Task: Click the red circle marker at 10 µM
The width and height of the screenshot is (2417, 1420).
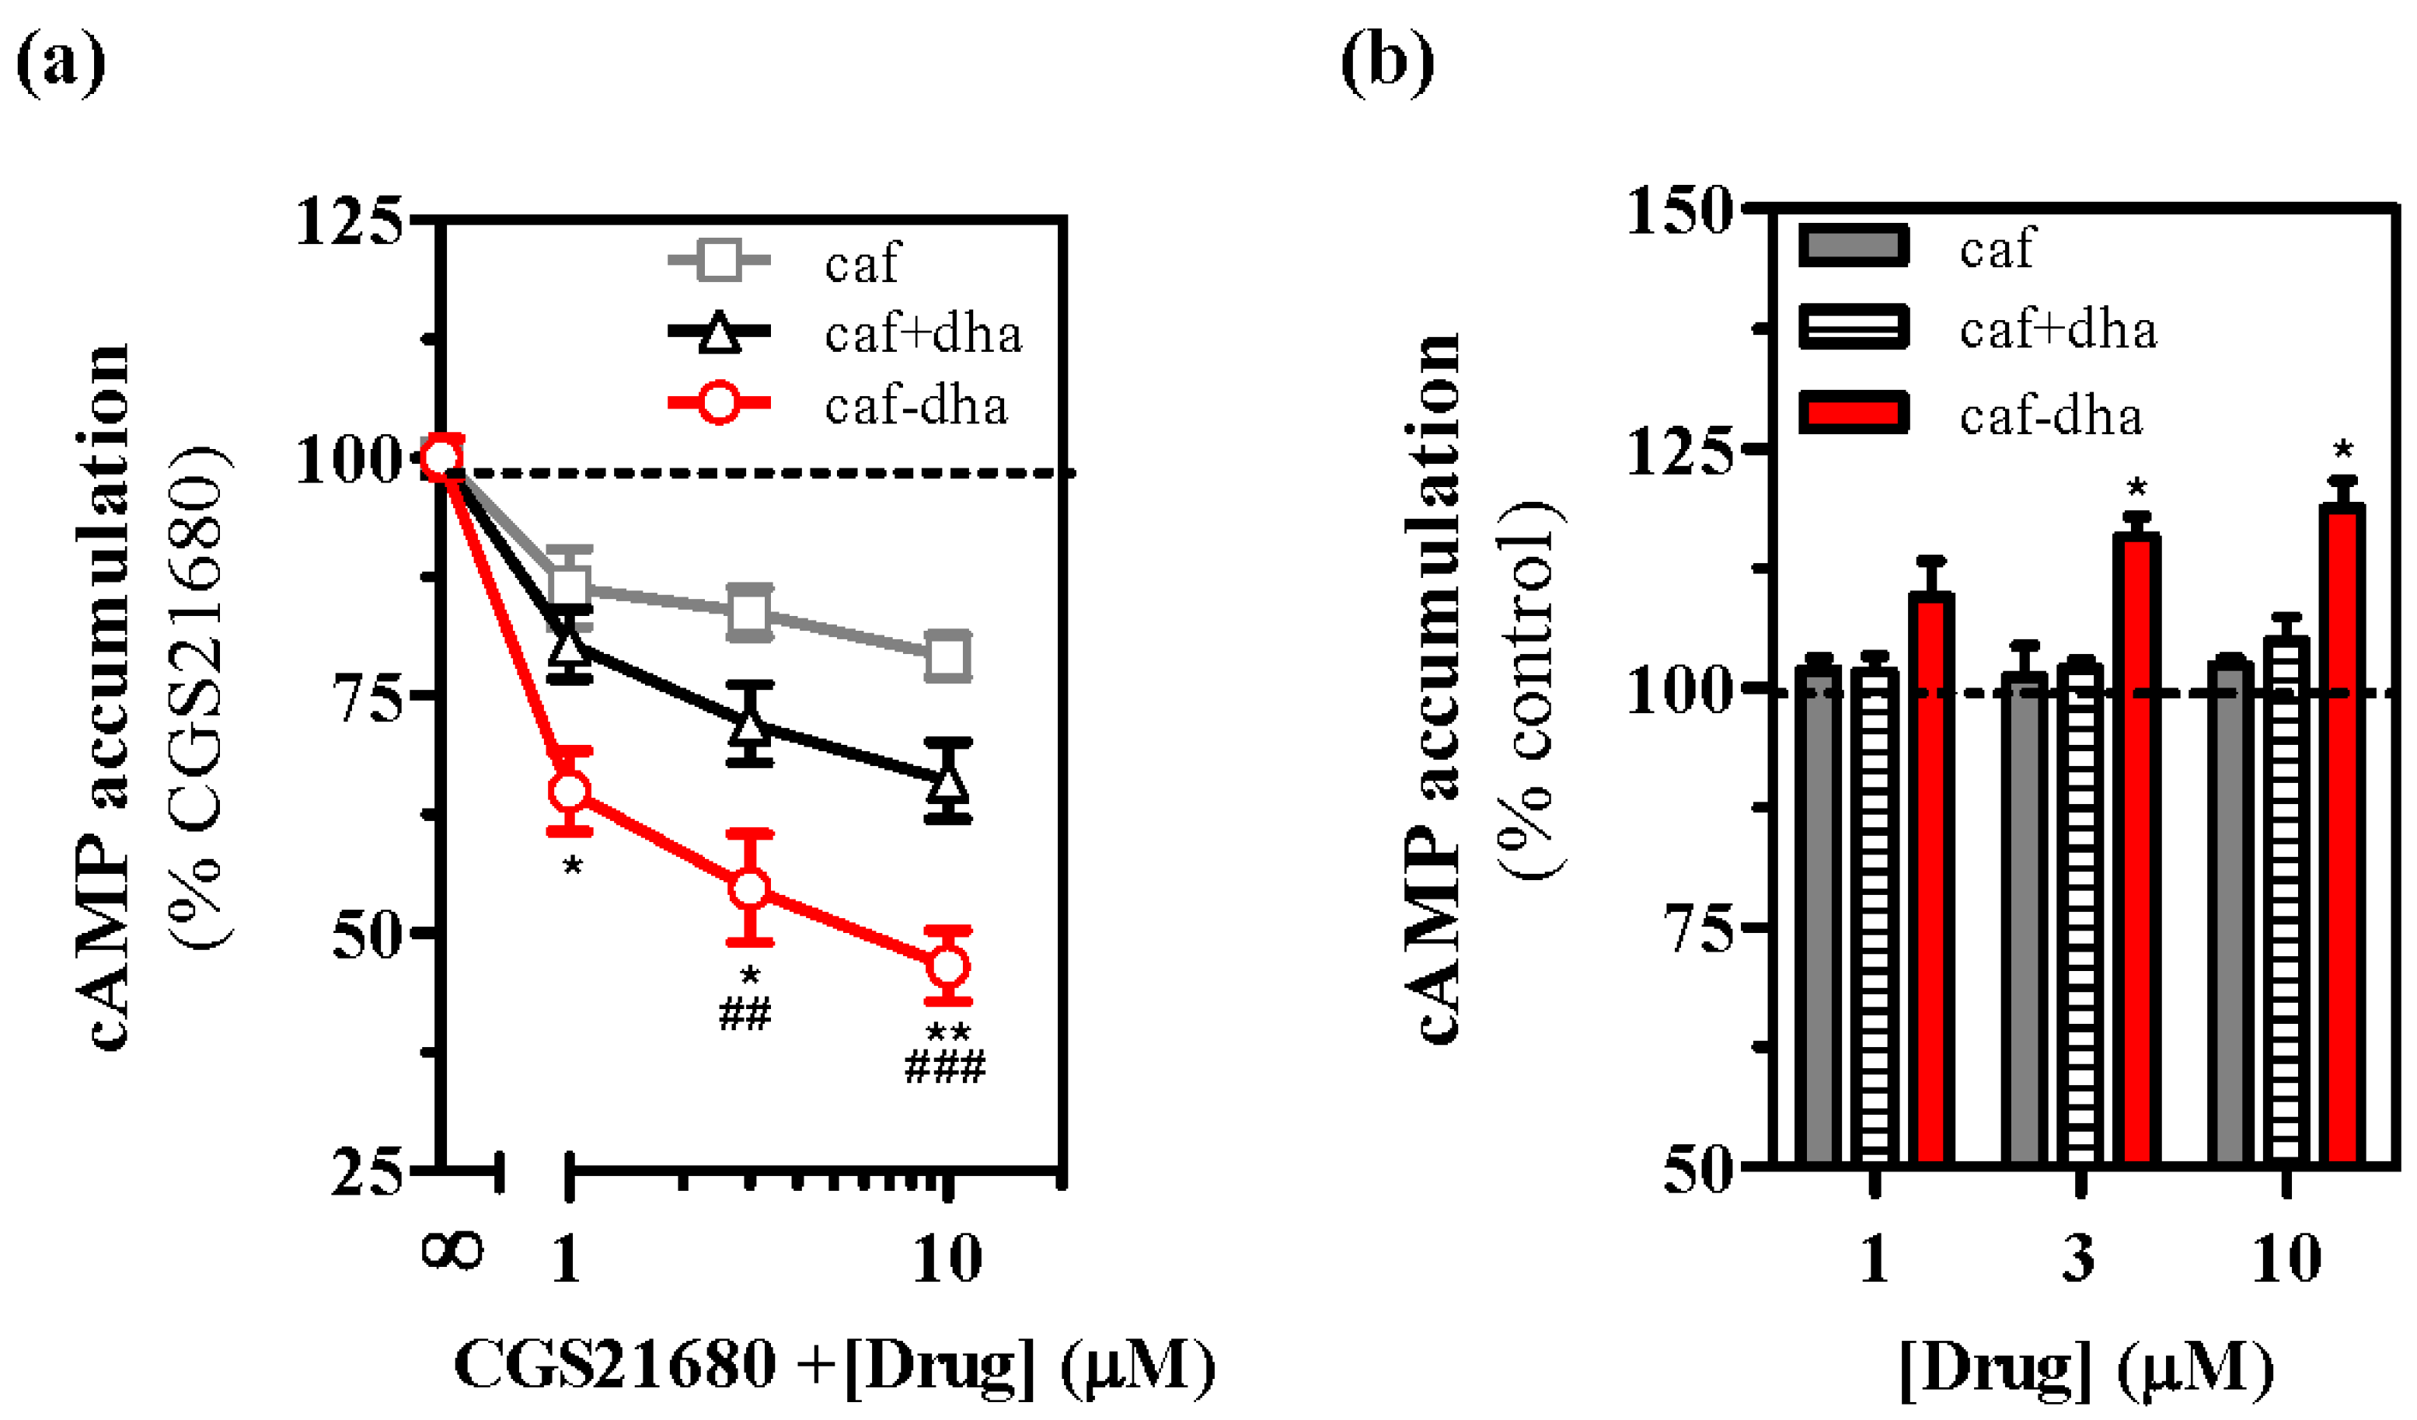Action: tap(947, 966)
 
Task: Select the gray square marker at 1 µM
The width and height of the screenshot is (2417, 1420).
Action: tap(570, 586)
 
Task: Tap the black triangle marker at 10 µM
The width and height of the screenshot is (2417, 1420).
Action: tap(947, 781)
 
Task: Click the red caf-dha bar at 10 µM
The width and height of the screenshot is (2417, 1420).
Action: tap(2342, 834)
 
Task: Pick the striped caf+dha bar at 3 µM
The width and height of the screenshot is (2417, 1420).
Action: tap(2080, 911)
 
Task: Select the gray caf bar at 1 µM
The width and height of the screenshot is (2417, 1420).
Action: tap(1819, 916)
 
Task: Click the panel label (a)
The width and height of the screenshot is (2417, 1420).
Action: tap(61, 63)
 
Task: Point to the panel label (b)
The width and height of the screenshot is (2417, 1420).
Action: tap(1387, 63)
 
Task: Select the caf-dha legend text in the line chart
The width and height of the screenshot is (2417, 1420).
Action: tap(916, 406)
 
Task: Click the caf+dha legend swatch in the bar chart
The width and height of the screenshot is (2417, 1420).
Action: tap(1853, 328)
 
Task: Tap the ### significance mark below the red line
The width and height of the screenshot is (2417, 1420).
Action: tap(946, 1067)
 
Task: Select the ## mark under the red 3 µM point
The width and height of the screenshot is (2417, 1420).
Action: tap(745, 1015)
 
